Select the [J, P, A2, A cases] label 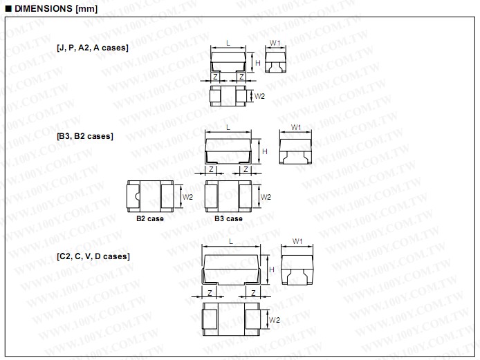pos(93,48)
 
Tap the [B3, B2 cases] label pos(85,136)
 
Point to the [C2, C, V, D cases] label pos(93,256)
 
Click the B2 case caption pos(150,218)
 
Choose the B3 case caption pos(228,218)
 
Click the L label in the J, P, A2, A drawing pos(228,43)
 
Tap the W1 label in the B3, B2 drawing pos(296,127)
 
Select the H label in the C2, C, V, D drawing pos(272,269)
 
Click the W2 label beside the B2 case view pos(187,197)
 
